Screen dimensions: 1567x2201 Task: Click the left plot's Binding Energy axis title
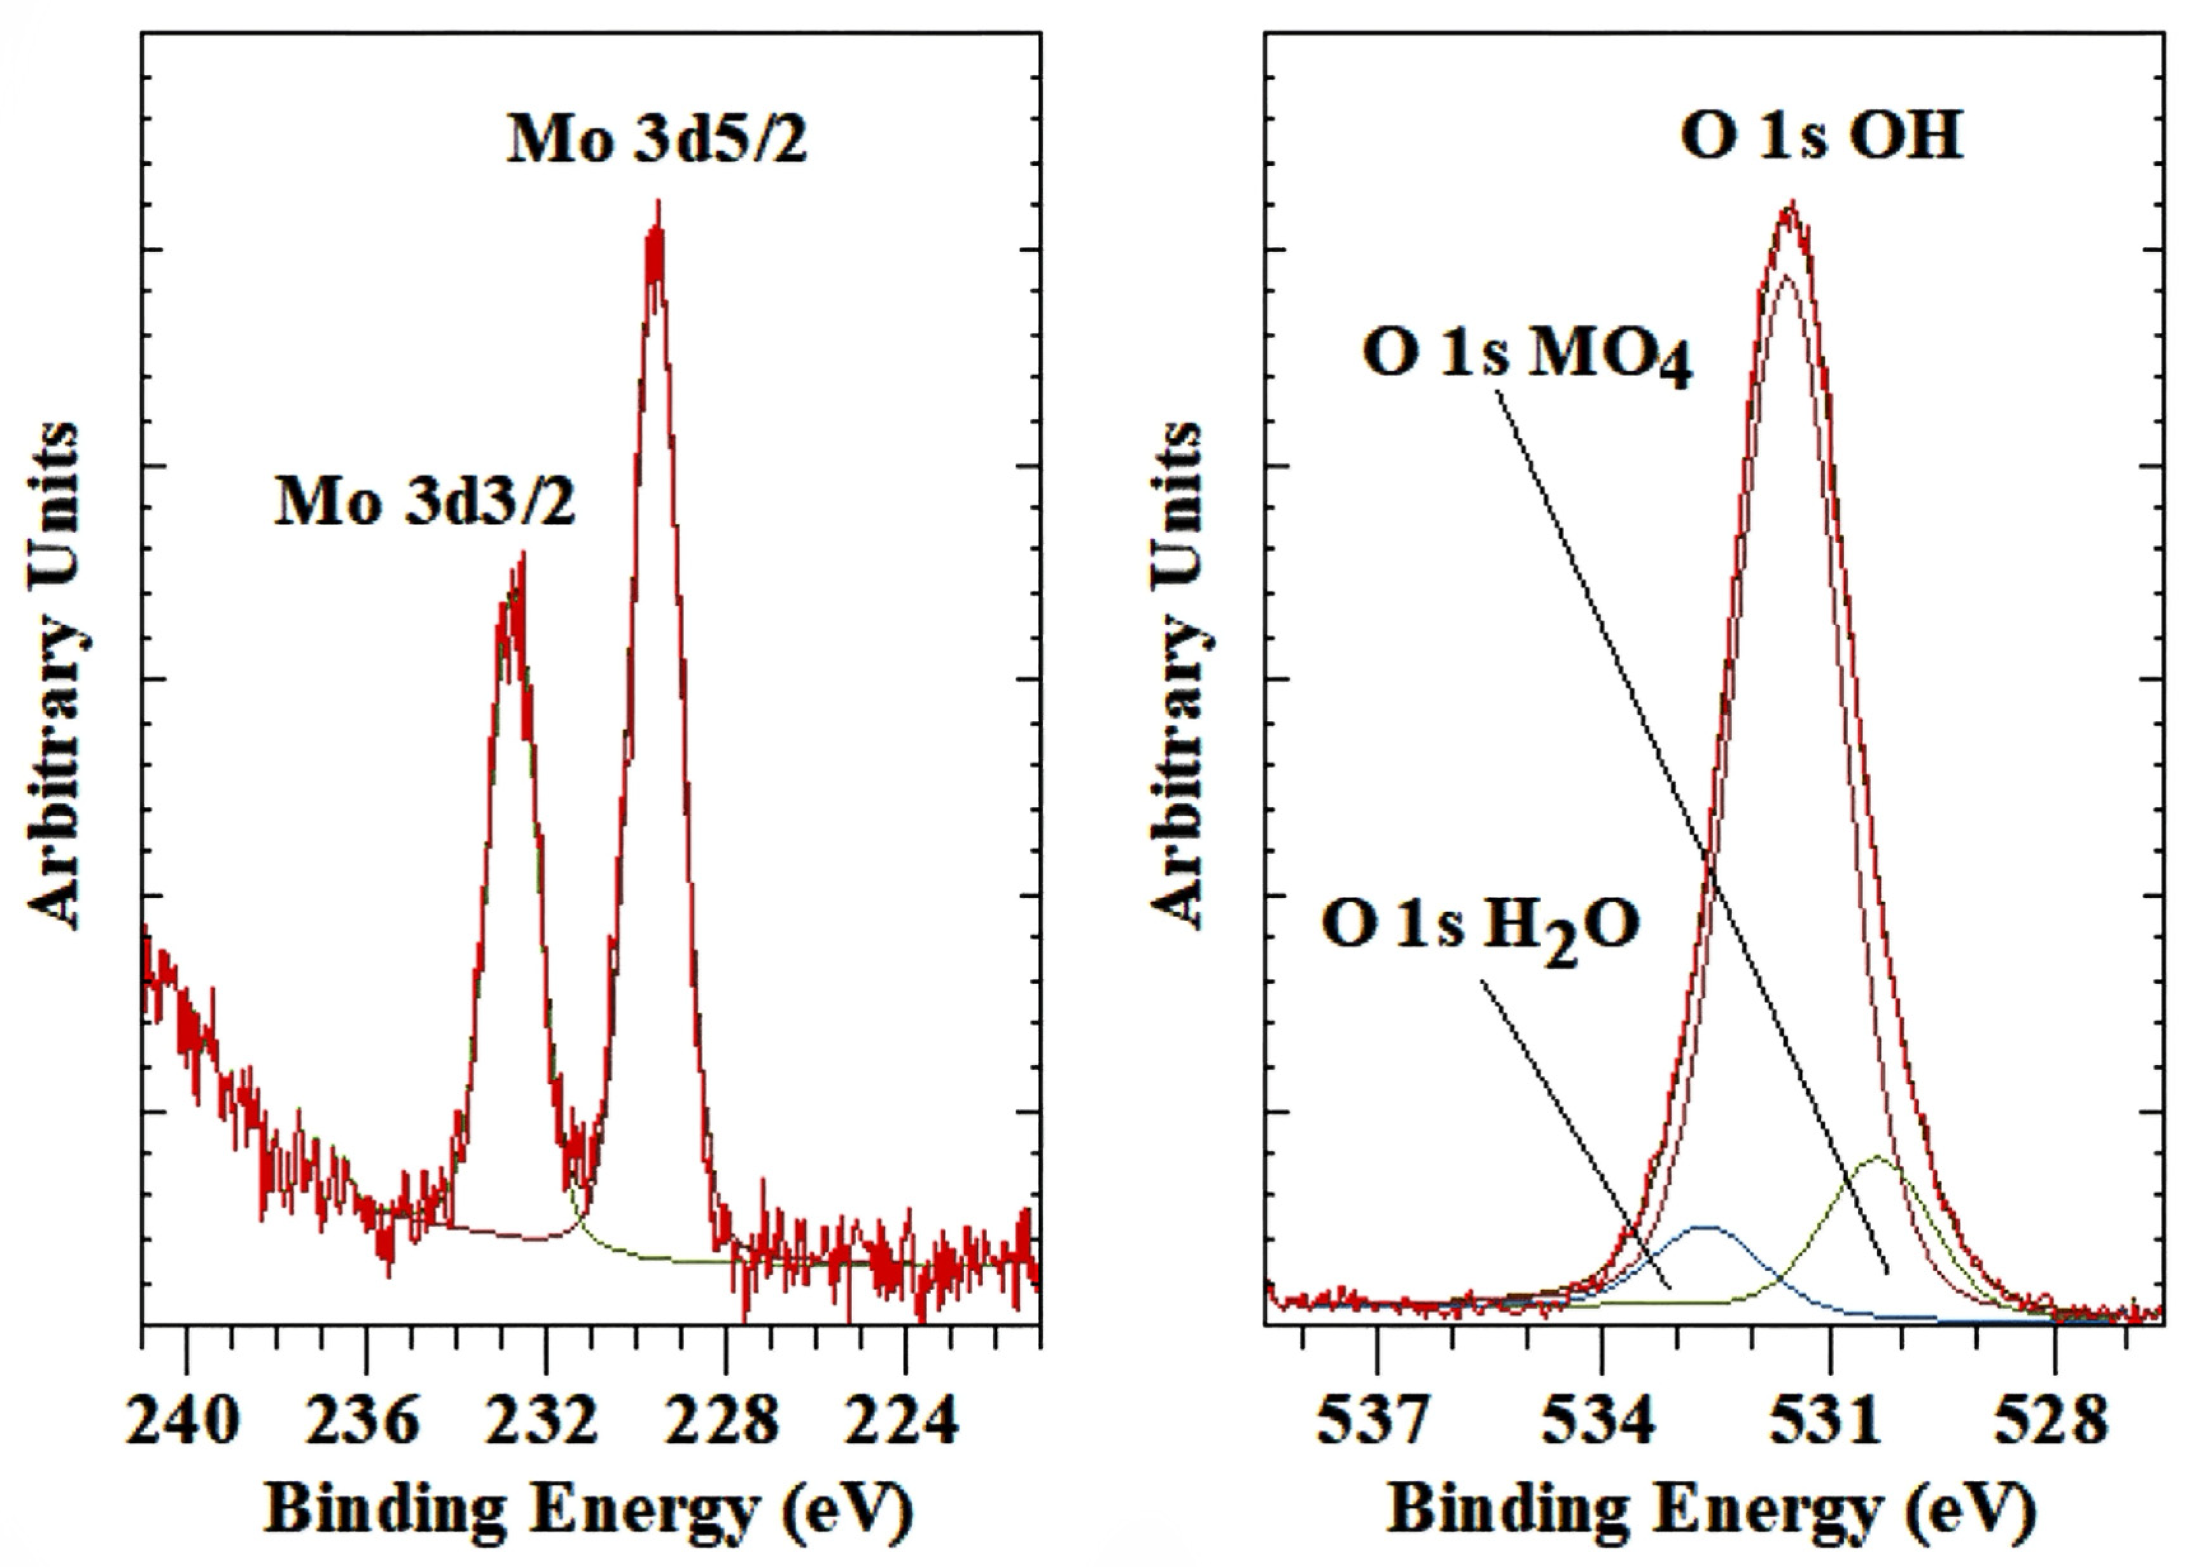tap(589, 1510)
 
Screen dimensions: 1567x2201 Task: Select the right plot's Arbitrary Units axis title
tap(1178, 675)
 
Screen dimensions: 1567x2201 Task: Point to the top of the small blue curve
tap(1706, 1227)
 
